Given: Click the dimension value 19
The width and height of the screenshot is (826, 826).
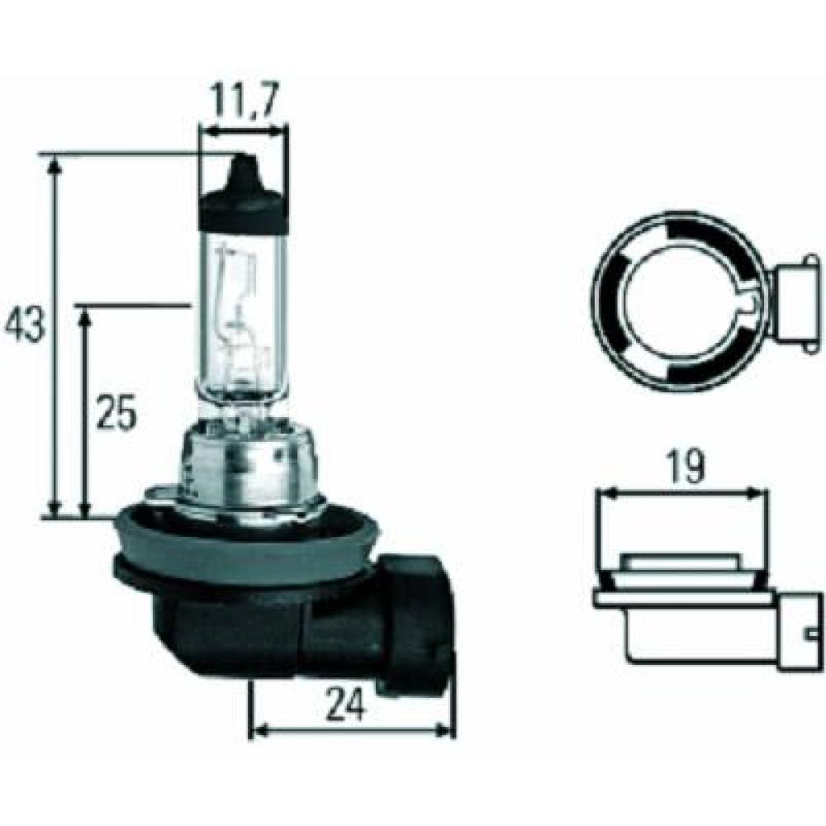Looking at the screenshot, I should point(683,468).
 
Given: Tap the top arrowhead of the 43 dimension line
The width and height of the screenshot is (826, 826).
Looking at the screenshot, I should point(55,169).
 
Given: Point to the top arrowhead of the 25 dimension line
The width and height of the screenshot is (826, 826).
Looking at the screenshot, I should point(85,316).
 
